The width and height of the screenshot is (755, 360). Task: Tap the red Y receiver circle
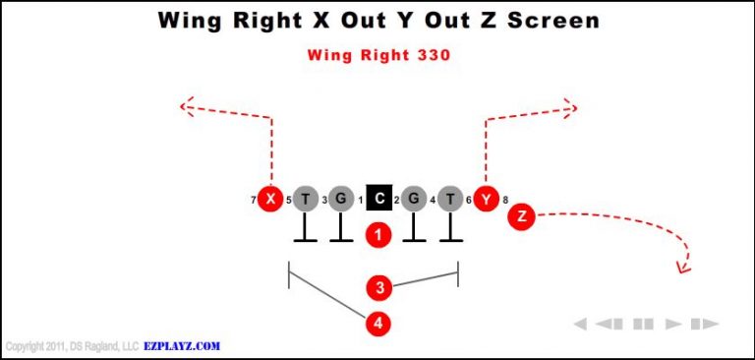pos(485,200)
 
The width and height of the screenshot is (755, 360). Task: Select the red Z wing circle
pos(522,215)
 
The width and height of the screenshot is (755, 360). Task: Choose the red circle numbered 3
pos(379,287)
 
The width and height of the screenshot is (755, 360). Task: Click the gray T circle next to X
pos(306,200)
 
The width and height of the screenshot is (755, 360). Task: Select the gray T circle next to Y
pos(450,200)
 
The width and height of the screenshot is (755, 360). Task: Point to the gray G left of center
pos(340,200)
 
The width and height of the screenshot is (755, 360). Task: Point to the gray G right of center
pos(414,200)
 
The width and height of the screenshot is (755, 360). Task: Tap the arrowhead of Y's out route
pos(571,105)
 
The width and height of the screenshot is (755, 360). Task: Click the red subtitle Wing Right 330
pos(378,55)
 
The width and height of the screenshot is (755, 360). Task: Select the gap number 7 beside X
pos(254,201)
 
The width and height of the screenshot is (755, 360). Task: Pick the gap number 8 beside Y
pos(505,201)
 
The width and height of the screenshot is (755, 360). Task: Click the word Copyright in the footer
pos(25,347)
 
